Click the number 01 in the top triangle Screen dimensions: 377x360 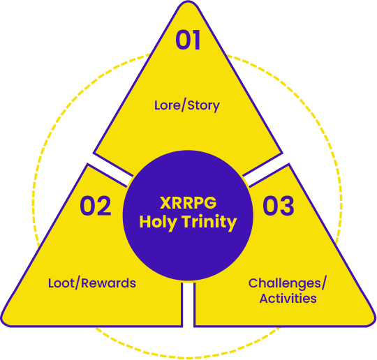click(x=188, y=40)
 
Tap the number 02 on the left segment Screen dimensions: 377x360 click(x=96, y=206)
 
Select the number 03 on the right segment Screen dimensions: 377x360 click(x=278, y=206)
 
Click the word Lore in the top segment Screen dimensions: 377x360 click(x=168, y=105)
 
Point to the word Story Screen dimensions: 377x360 click(x=203, y=106)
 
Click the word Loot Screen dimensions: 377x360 click(x=61, y=283)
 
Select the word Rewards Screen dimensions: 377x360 click(x=108, y=283)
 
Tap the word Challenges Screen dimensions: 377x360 click(x=285, y=283)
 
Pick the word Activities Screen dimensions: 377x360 click(x=288, y=299)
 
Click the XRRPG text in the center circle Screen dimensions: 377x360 click(x=188, y=203)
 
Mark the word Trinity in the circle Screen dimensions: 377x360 click(x=209, y=223)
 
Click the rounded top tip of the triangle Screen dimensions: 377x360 click(x=188, y=2)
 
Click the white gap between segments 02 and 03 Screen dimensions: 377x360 click(x=188, y=305)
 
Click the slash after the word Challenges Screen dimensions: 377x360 click(x=324, y=283)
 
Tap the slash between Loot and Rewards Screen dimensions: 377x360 click(x=77, y=283)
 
